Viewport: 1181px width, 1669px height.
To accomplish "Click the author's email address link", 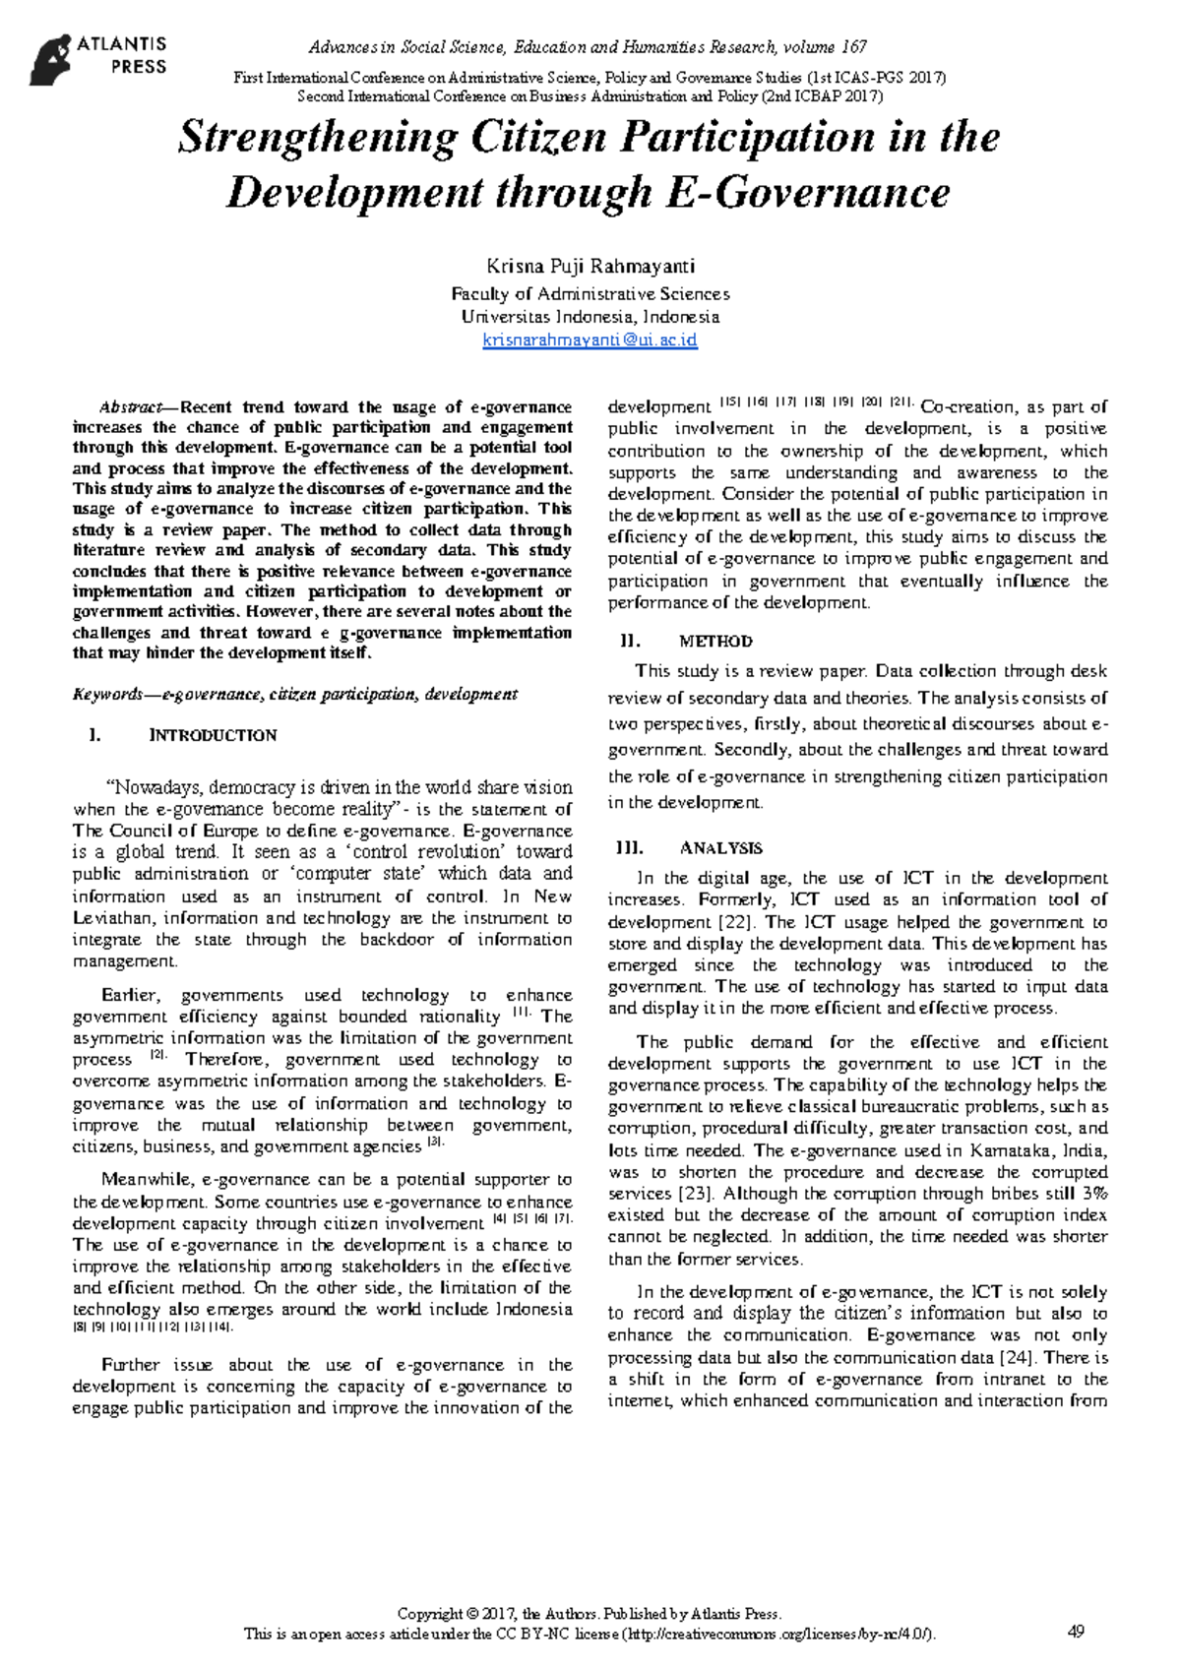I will coord(590,340).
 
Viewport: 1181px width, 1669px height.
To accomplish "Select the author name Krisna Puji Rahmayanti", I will coord(590,266).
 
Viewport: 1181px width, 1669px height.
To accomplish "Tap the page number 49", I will coord(1076,1632).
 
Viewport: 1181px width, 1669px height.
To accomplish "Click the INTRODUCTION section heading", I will coord(212,735).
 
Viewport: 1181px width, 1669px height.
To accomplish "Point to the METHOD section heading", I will coord(715,642).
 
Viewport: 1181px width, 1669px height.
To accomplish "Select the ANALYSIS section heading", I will coord(720,848).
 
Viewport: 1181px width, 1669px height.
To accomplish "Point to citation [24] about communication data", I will coord(1018,1358).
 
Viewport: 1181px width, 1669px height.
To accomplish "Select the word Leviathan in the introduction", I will coord(112,918).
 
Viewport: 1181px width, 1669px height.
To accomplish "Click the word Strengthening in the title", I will coord(317,137).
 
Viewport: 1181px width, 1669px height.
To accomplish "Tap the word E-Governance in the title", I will coord(808,192).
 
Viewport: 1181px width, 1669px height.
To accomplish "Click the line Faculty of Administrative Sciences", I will coord(590,294).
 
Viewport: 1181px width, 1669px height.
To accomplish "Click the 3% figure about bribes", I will coord(1093,1194).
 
